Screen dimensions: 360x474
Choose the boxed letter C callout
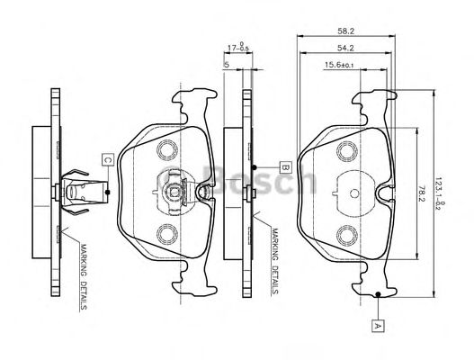(107, 160)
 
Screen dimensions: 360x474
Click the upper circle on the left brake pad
(166, 148)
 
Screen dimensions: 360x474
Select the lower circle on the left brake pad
(166, 236)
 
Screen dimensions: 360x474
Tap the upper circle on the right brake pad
(349, 148)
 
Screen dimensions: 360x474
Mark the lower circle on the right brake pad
(349, 236)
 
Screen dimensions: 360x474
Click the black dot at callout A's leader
(380, 294)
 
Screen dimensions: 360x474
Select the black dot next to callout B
(256, 168)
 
